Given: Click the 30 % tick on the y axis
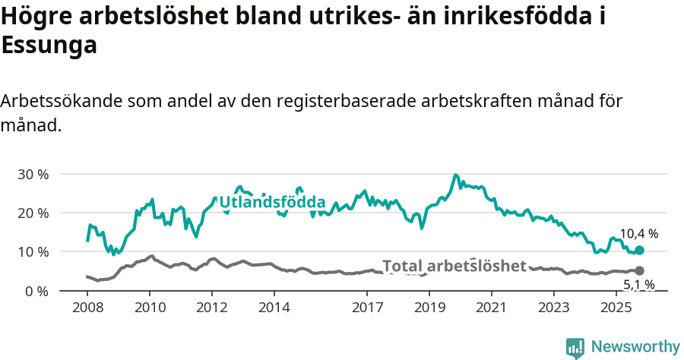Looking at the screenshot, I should click(33, 174).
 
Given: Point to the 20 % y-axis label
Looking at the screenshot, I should click(33, 213).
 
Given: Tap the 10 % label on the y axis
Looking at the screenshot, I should click(33, 251).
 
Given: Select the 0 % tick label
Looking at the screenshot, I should click(36, 291).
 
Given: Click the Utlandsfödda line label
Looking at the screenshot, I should click(272, 203).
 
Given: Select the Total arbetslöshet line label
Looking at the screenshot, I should click(454, 266).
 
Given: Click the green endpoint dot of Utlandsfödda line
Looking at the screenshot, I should click(639, 250).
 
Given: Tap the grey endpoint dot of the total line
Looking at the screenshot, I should click(639, 270).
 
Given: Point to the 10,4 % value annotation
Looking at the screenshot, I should click(638, 234).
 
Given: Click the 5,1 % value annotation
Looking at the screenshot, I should click(638, 286).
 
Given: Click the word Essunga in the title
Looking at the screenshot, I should click(49, 45).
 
